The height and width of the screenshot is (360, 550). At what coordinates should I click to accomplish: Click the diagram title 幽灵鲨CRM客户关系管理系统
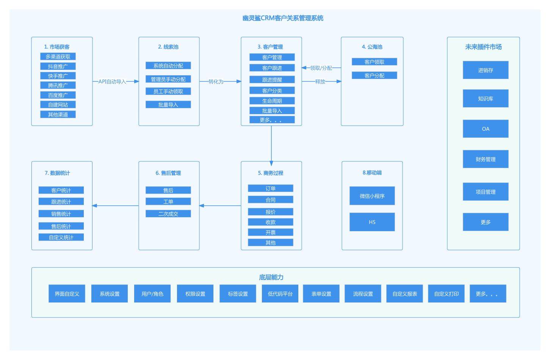tap(283, 18)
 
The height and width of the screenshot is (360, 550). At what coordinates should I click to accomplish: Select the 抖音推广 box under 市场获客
tap(58, 66)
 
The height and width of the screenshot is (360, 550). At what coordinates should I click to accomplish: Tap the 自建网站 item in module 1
tap(58, 105)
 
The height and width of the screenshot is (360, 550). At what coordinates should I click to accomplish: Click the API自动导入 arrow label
tap(112, 81)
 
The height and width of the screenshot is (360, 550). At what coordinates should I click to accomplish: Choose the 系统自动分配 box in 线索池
tap(168, 66)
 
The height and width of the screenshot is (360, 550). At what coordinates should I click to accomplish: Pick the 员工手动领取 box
tap(168, 91)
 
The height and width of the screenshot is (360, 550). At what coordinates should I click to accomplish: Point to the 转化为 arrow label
tap(216, 81)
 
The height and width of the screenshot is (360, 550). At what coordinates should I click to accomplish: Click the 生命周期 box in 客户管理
tap(272, 101)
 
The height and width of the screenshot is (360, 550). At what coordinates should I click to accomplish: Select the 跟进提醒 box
tap(272, 80)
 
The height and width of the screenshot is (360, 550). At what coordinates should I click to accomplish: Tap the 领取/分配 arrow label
tap(321, 68)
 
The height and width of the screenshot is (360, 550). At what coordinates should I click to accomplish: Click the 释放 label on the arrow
tap(320, 81)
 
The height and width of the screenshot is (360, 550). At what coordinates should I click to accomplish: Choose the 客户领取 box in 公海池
tap(375, 62)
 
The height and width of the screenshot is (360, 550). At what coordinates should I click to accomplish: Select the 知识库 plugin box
tap(486, 99)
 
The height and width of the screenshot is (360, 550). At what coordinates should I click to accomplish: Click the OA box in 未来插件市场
tap(486, 129)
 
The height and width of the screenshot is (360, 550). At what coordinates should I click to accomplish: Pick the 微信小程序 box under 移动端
tap(372, 196)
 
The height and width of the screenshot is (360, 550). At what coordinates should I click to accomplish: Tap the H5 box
tap(372, 222)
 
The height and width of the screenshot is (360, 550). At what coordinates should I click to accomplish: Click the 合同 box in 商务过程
tap(271, 200)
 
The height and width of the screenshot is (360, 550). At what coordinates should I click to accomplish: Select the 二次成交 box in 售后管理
tap(168, 214)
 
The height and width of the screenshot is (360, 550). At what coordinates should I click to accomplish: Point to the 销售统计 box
tap(61, 214)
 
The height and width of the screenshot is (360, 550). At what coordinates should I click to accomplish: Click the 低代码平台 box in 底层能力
tap(280, 294)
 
